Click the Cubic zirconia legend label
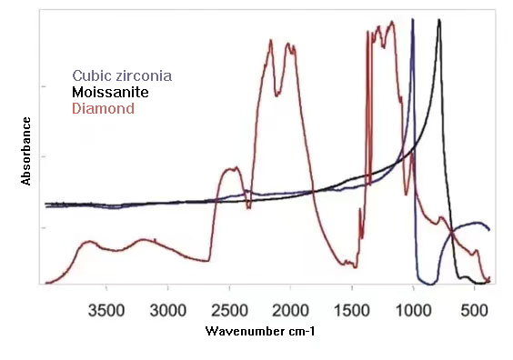[122, 75]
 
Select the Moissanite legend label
[110, 92]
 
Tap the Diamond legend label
[103, 108]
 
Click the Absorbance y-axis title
[26, 150]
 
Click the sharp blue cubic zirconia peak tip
[413, 20]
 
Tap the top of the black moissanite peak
[439, 20]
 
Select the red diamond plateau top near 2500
[231, 168]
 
